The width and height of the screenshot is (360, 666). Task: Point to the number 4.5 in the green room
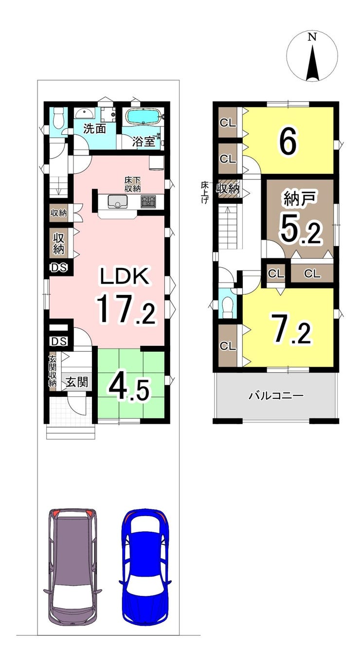coord(129,386)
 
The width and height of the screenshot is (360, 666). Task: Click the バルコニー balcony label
coord(276,395)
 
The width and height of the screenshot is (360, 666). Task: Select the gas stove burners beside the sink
coord(148,201)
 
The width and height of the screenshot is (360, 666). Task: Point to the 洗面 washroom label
coord(94,129)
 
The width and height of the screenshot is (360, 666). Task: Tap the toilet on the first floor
coord(59,117)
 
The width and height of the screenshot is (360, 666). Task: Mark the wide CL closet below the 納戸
coord(312,274)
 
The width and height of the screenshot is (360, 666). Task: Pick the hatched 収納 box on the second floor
coord(228,188)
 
